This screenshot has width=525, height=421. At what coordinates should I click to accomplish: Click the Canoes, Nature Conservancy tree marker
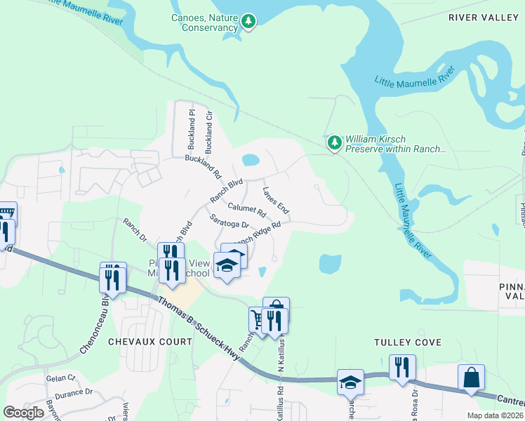click(248, 22)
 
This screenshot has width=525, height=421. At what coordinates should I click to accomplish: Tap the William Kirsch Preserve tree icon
click(335, 143)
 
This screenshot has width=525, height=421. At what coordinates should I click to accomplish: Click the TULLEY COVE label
click(408, 342)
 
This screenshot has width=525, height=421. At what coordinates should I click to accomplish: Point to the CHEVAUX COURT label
click(150, 341)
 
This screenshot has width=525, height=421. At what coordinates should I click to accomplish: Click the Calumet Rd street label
click(247, 210)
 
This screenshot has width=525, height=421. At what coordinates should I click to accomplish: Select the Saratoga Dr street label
click(230, 221)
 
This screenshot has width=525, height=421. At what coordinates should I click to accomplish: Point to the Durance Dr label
click(74, 394)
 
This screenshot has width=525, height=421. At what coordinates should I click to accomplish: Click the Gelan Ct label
click(55, 378)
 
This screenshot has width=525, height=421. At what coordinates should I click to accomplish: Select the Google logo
click(24, 413)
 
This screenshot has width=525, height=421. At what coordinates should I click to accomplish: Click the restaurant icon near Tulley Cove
click(402, 367)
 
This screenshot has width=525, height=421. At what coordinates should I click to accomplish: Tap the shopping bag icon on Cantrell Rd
click(471, 377)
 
